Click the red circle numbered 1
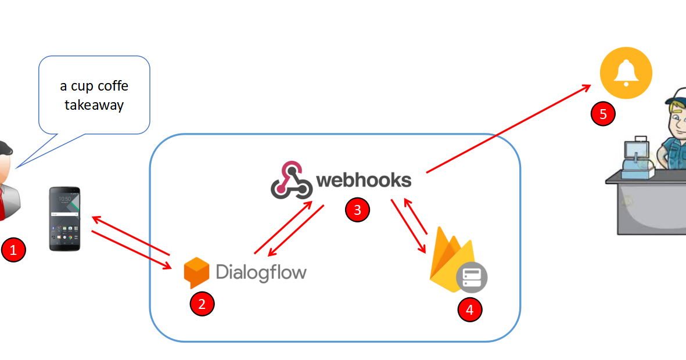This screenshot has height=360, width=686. (14, 250)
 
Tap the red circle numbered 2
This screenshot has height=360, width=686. (202, 304)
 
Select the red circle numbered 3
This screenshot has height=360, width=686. (357, 210)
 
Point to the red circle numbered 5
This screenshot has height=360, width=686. (603, 114)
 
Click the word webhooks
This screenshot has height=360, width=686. (364, 181)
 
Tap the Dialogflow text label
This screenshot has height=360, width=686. (261, 272)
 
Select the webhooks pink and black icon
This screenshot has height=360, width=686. (291, 181)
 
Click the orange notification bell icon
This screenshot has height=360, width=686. (626, 74)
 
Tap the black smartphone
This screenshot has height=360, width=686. (64, 219)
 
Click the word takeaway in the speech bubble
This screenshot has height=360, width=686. (94, 106)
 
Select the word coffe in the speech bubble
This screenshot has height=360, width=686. (114, 87)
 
